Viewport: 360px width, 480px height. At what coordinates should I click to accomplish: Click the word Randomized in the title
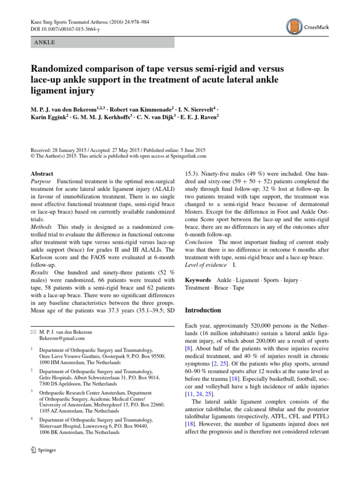(x=55, y=69)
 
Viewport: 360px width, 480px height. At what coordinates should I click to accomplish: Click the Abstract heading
(x=41, y=173)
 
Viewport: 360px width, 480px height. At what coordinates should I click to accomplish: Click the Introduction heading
(x=203, y=310)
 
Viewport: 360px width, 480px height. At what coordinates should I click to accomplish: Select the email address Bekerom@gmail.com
(x=62, y=338)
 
